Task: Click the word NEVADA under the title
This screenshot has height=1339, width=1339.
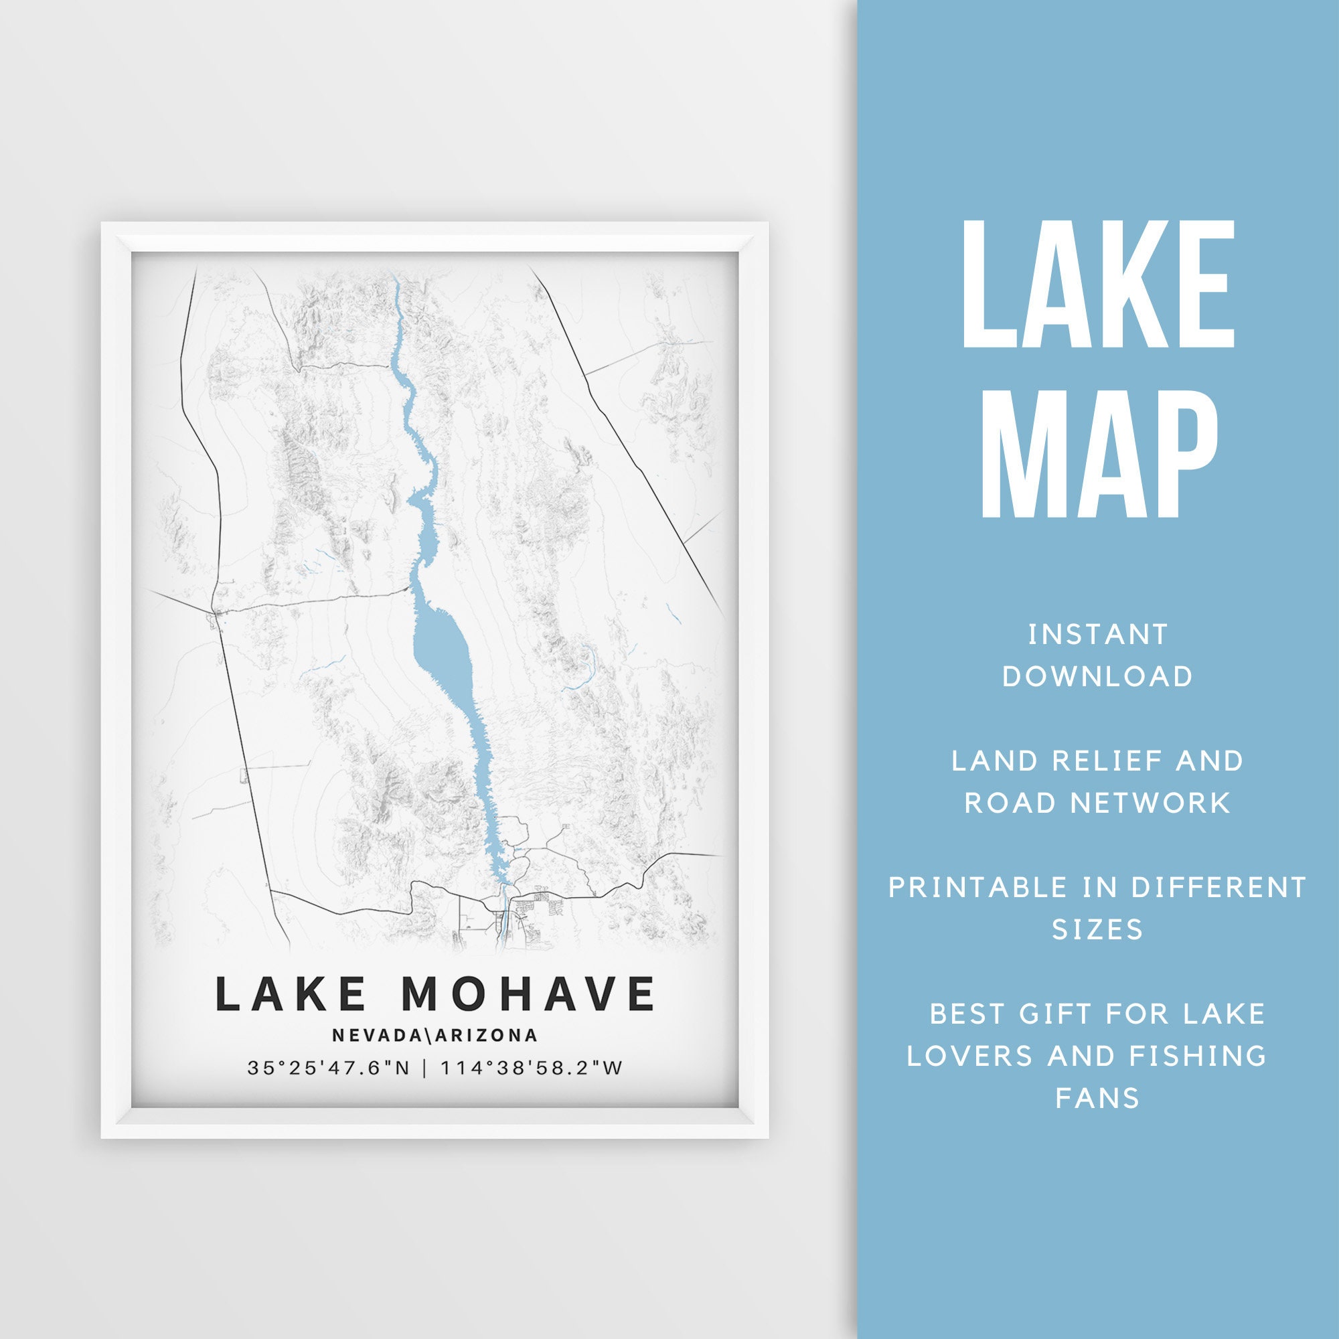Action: pos(374,1036)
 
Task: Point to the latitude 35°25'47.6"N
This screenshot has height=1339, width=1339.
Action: pos(329,1068)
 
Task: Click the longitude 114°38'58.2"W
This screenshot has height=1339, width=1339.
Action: pos(532,1068)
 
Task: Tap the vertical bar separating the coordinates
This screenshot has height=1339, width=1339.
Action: pos(425,1068)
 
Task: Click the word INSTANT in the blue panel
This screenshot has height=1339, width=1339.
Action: pos(1098,634)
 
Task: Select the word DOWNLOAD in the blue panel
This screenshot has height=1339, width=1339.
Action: pos(1098,676)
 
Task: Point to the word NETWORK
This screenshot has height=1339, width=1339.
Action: pos(1150,803)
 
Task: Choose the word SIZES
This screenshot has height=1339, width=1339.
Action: pos(1098,929)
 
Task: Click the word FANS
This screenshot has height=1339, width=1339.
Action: pos(1098,1099)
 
